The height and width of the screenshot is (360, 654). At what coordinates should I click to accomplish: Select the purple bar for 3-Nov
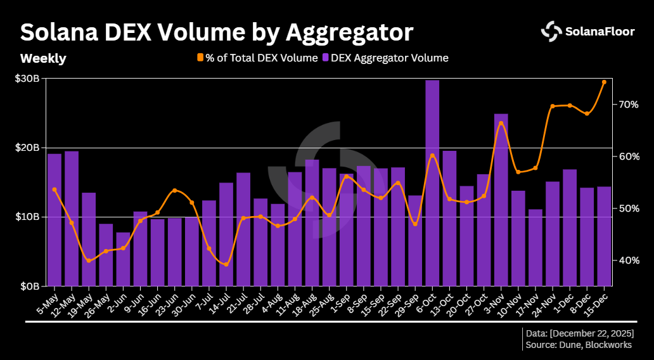tap(501, 200)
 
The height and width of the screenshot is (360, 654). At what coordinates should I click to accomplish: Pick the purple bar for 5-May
tap(54, 219)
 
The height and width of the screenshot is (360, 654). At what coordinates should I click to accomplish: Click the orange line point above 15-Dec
tap(604, 82)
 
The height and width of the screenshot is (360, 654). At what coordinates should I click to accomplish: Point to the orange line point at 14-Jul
tap(226, 264)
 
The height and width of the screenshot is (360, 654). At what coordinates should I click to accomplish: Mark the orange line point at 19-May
tap(89, 260)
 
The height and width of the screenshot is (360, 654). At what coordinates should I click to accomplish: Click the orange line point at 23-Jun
tap(175, 190)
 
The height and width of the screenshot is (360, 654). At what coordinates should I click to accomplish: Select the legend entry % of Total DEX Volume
tap(257, 58)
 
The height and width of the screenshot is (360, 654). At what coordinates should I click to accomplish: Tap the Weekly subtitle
tap(43, 58)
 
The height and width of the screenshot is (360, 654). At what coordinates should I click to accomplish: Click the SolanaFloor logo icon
tap(551, 30)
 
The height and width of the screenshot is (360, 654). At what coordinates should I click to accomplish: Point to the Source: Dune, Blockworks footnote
tap(579, 345)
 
